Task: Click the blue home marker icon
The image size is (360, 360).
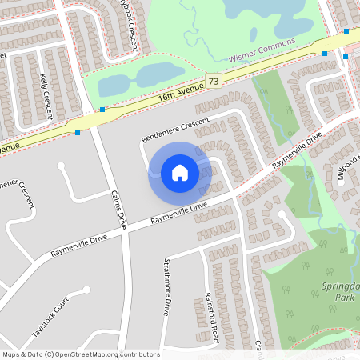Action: [180, 172]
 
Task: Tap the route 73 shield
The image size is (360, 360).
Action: [213, 81]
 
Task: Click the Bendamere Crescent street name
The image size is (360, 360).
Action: [174, 130]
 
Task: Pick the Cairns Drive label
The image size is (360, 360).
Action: [118, 210]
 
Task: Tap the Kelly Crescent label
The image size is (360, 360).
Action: [46, 96]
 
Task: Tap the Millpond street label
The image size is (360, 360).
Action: [346, 169]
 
